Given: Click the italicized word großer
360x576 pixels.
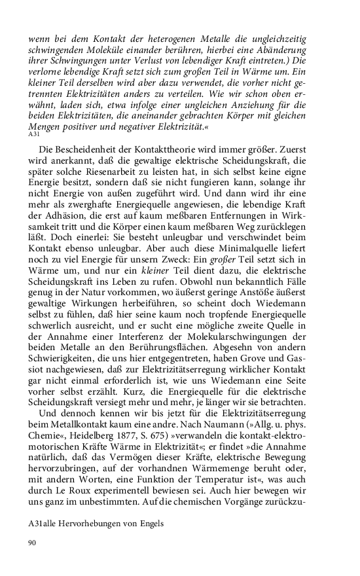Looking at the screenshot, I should [x=279, y=277].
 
